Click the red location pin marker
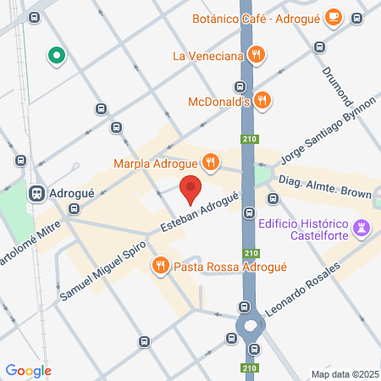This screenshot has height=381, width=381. coord(190,189)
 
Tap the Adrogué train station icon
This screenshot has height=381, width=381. coord(37,192)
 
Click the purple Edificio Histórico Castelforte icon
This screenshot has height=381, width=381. coord(362,227)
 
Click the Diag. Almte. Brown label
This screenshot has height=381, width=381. coord(325,187)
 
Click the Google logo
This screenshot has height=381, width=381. coord(28,370)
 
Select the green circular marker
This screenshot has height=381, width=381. coord(57,57)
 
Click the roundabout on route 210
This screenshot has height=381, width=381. coord(251,326)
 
